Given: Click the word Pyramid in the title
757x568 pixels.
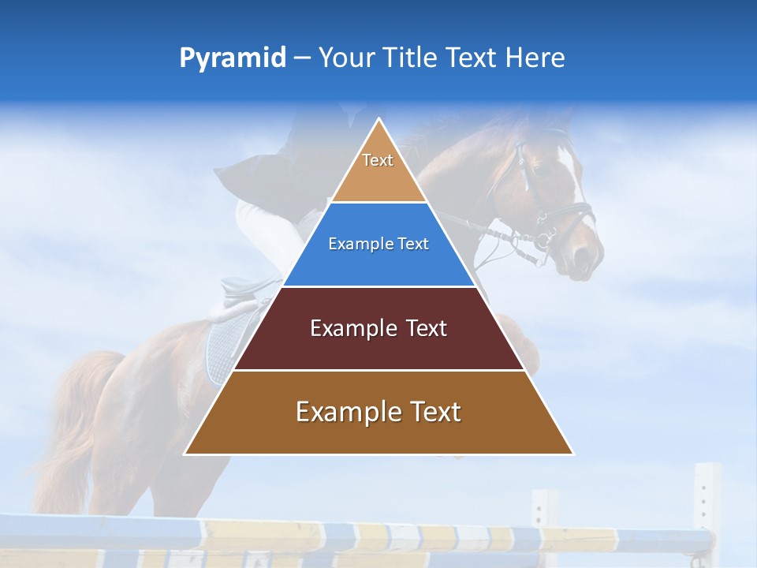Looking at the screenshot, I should pos(232,58).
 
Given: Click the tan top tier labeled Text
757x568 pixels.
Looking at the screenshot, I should pos(378,170).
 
